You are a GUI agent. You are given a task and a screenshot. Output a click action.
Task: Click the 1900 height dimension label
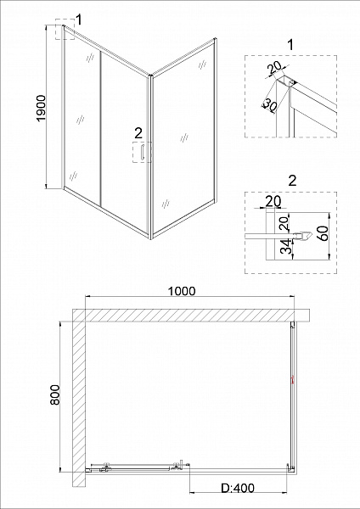(42, 108)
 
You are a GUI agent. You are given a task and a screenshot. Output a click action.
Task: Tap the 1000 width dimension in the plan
(182, 291)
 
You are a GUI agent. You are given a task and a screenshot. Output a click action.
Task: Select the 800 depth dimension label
(55, 394)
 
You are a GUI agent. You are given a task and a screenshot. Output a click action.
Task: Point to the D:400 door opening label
(238, 488)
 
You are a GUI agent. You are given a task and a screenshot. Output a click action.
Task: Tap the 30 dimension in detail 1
(269, 104)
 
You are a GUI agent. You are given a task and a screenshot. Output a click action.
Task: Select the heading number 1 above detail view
(290, 45)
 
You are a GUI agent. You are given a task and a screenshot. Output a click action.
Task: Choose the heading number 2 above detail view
(292, 181)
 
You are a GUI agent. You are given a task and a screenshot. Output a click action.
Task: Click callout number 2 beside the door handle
(138, 133)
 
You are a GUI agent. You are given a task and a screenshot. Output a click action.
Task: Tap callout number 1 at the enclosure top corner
(78, 20)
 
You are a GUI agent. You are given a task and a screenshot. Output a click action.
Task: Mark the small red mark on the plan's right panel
(292, 380)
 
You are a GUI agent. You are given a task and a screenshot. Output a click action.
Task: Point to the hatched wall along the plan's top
(191, 315)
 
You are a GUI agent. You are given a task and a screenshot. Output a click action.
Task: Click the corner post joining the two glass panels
(150, 157)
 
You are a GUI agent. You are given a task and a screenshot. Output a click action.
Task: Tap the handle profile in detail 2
(303, 235)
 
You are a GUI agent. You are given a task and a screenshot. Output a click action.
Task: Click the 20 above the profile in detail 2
(273, 202)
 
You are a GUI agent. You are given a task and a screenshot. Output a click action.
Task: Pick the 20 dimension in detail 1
(275, 67)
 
